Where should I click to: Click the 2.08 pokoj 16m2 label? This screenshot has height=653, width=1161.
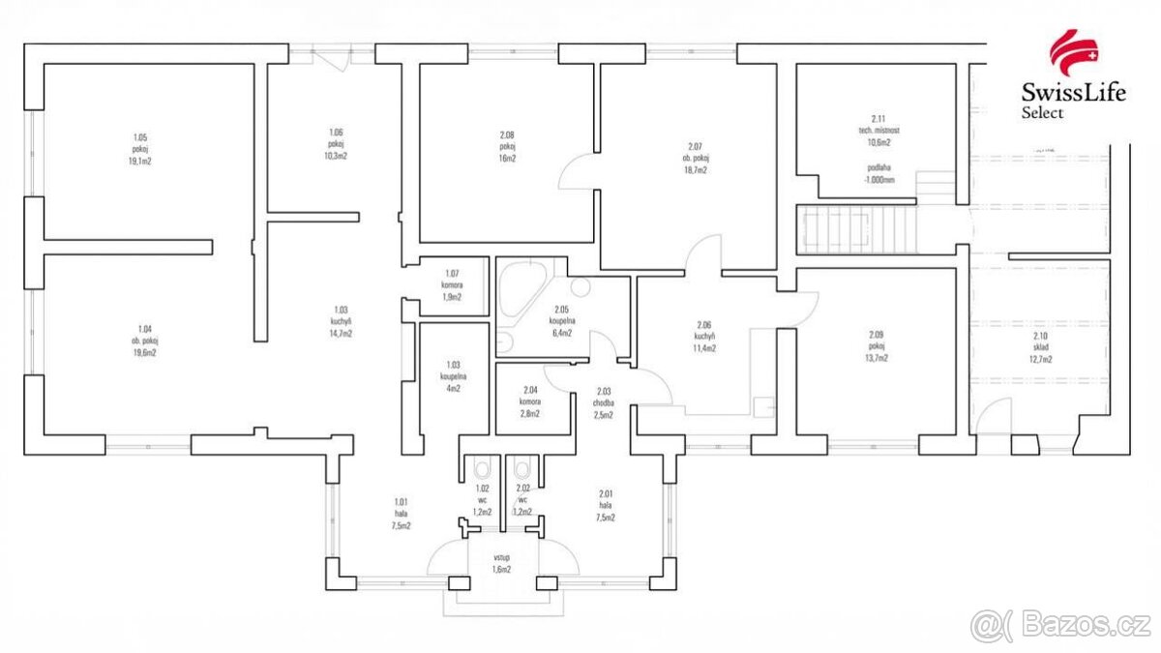(507, 146)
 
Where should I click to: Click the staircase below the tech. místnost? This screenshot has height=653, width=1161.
(855, 229)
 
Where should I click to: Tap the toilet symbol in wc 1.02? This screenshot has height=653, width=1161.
(481, 470)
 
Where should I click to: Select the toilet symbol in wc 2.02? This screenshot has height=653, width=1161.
(522, 470)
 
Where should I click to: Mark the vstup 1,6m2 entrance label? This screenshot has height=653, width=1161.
(501, 564)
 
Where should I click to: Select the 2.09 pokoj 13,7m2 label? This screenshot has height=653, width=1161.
(878, 346)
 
